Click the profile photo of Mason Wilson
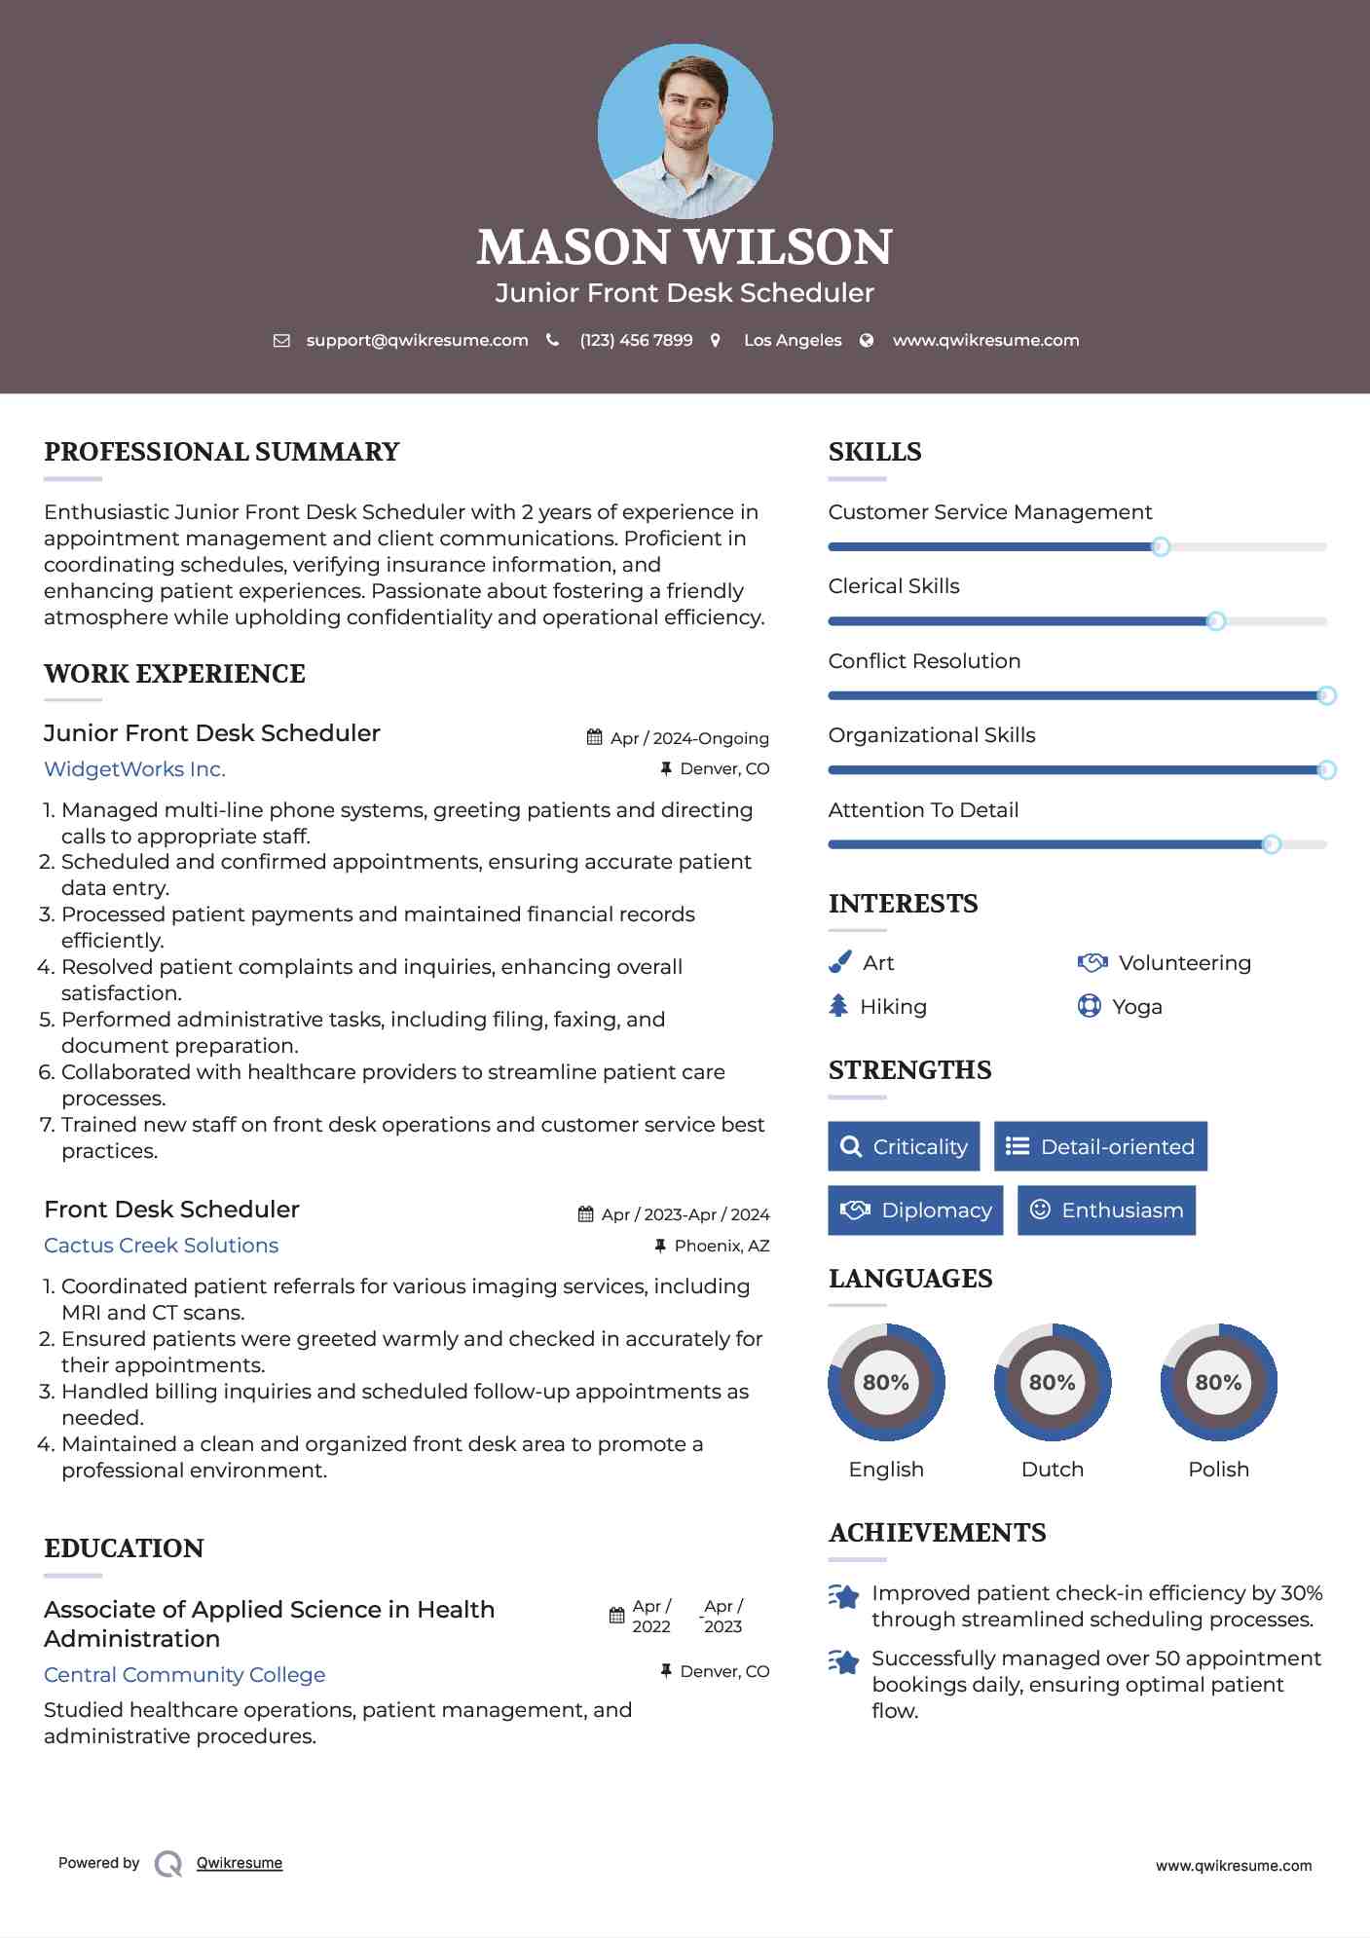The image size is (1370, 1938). point(685,130)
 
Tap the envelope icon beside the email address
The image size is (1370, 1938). point(281,341)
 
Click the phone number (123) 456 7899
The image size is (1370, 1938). point(636,341)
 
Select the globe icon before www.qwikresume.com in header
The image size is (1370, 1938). point(867,341)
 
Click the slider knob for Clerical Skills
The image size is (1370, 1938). point(1215,621)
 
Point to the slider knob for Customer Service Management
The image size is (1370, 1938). point(1160,547)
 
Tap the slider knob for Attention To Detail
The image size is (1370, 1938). point(1271,844)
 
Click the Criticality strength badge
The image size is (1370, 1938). point(904,1146)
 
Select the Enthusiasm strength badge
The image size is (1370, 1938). point(1106,1211)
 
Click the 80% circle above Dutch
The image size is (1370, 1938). point(1052,1382)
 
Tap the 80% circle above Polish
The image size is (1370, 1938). point(1218,1382)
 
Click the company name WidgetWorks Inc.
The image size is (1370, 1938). point(134,769)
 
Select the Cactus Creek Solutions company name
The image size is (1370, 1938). point(161,1246)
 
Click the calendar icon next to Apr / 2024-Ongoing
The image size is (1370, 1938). point(594,737)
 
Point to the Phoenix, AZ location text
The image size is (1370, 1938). point(722,1246)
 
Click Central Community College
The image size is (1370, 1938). point(184,1675)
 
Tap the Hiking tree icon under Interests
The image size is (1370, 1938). point(838,1006)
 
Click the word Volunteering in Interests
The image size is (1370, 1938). point(1184,963)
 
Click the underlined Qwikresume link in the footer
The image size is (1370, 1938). point(240,1863)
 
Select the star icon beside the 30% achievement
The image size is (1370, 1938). point(844,1596)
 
